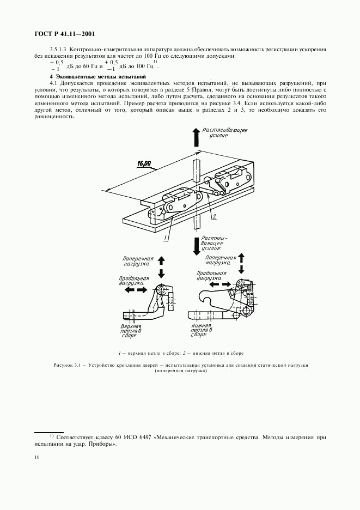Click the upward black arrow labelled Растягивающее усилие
pos(194,138)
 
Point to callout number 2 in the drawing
pos(215,217)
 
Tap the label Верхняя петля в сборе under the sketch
pos(131,331)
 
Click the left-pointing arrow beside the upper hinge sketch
pos(129,290)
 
